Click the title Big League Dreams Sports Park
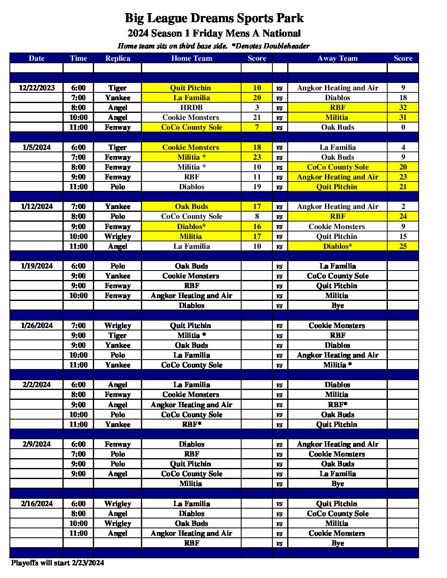214,18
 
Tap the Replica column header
118,58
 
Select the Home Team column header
191,58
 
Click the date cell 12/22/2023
37,88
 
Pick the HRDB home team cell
191,108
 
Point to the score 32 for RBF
403,108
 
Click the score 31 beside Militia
403,117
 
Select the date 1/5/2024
37,147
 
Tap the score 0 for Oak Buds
403,127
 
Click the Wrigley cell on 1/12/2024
118,236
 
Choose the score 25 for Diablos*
403,246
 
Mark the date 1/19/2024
37,266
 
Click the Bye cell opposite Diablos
337,305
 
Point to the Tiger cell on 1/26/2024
118,335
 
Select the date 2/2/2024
37,385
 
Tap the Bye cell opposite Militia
337,484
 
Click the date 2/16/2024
37,504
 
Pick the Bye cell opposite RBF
337,543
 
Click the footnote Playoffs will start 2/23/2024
58,563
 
